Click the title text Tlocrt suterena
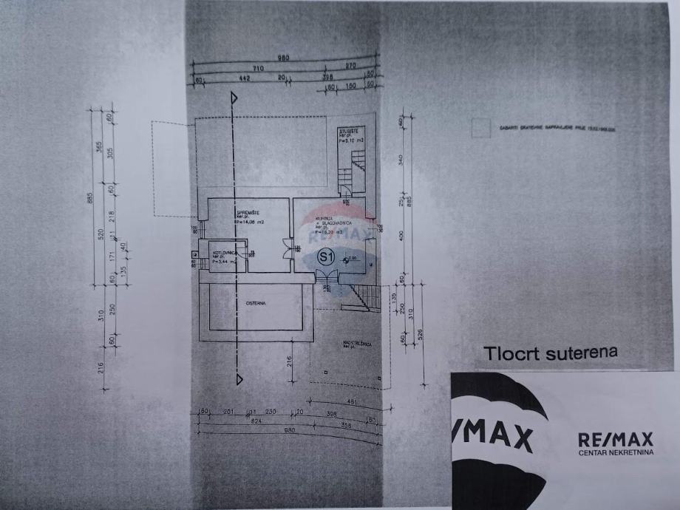point(550,353)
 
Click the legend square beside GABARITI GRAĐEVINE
point(480,128)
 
